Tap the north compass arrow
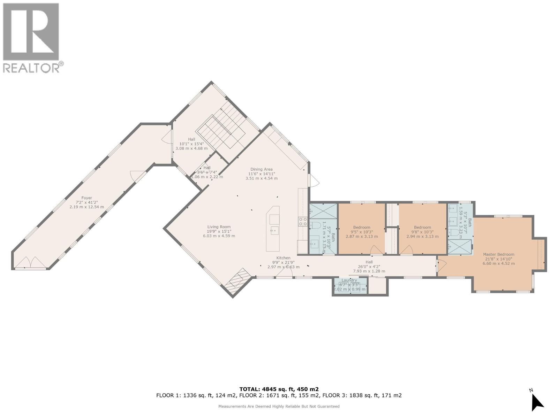(537, 403)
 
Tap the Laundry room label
(349, 280)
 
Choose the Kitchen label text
(283, 258)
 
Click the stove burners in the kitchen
(303, 222)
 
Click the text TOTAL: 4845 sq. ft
(279, 389)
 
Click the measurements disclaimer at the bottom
(279, 406)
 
